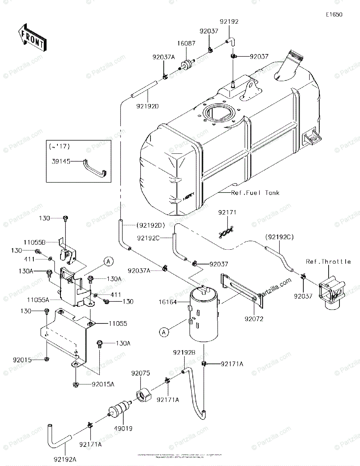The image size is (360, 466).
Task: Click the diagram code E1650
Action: pyautogui.click(x=334, y=15)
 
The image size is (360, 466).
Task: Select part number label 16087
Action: pyautogui.click(x=186, y=44)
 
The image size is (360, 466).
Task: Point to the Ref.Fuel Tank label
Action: pyautogui.click(x=255, y=193)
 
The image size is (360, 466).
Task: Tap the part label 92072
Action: pyautogui.click(x=253, y=319)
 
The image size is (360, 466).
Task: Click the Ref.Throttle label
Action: pyautogui.click(x=328, y=262)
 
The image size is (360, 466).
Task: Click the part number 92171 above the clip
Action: pyautogui.click(x=227, y=212)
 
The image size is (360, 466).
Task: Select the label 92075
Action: pyautogui.click(x=140, y=373)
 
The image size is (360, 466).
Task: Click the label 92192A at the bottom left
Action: pyautogui.click(x=64, y=459)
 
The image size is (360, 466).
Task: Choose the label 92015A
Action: pyautogui.click(x=103, y=384)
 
